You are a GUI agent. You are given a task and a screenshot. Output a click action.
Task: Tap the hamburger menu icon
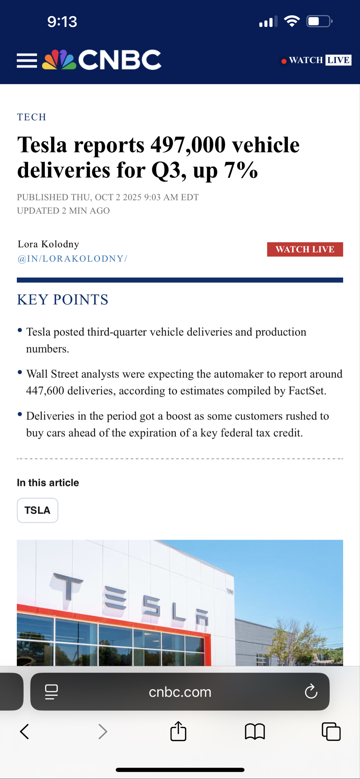pyautogui.click(x=27, y=60)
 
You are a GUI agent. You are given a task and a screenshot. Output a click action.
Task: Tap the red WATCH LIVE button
pyautogui.click(x=305, y=249)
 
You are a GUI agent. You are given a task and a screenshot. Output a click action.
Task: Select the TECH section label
pyautogui.click(x=32, y=117)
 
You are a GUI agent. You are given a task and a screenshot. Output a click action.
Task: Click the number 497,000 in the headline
pyautogui.click(x=188, y=145)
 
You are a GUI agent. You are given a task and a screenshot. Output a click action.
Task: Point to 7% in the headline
pyautogui.click(x=241, y=170)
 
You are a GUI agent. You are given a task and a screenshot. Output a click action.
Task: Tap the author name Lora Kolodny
pyautogui.click(x=48, y=244)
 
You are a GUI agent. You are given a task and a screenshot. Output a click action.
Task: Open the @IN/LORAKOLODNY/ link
pyautogui.click(x=72, y=258)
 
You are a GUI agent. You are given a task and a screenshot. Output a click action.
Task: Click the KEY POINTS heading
pyautogui.click(x=63, y=300)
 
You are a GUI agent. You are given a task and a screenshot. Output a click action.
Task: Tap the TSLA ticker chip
pyautogui.click(x=37, y=510)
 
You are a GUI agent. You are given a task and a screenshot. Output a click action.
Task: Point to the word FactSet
pyautogui.click(x=307, y=391)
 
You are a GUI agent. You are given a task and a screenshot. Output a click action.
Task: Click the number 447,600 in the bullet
pyautogui.click(x=45, y=391)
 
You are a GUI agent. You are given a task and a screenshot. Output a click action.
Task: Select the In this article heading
pyautogui.click(x=48, y=483)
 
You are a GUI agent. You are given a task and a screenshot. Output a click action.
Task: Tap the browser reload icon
pyautogui.click(x=311, y=692)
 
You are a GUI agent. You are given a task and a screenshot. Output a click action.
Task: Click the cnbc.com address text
pyautogui.click(x=180, y=692)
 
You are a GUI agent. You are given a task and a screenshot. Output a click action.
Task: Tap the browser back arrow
pyautogui.click(x=24, y=731)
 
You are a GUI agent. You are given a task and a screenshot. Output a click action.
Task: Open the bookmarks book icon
pyautogui.click(x=255, y=731)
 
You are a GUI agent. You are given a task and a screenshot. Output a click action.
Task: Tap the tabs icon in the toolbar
pyautogui.click(x=331, y=731)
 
